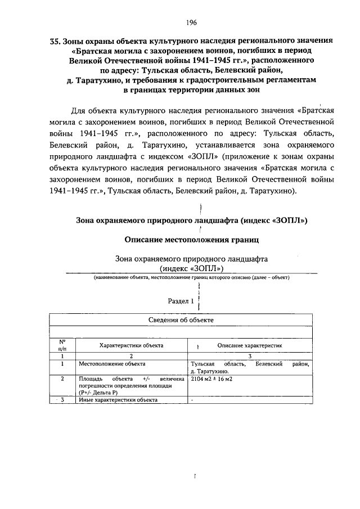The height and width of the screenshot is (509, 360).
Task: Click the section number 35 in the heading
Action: point(55,41)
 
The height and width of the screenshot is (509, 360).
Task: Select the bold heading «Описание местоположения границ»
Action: point(191,240)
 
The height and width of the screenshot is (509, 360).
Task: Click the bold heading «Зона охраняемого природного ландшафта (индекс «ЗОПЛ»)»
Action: point(191,220)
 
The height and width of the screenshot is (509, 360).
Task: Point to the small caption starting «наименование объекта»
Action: point(191,279)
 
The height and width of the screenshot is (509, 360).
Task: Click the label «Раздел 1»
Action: point(181,301)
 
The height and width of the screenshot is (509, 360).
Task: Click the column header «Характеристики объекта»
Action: point(131,345)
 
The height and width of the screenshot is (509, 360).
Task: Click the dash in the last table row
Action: point(192,400)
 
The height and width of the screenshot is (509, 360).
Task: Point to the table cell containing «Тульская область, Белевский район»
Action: point(250,368)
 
